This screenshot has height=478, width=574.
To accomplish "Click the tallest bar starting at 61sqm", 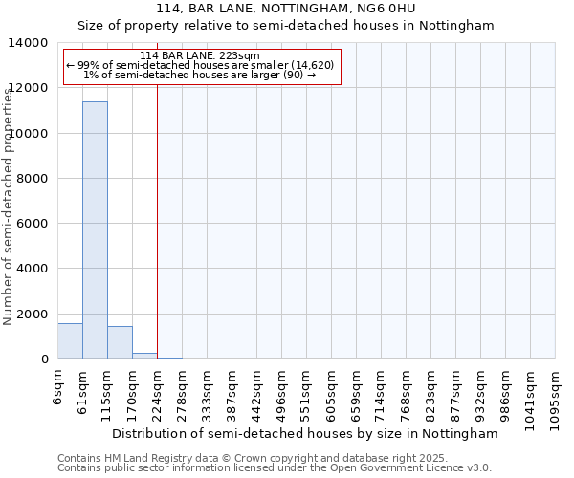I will point(95,229).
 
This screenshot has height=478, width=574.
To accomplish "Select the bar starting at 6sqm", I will point(70,341).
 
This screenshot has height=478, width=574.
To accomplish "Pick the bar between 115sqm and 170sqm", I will point(120,342).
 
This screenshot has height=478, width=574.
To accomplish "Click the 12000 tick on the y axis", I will point(32,88).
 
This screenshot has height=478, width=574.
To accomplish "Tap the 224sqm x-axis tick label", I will point(158,390).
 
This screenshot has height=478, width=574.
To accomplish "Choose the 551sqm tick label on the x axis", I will point(307,390).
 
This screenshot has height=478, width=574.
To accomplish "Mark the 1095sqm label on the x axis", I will point(556,394).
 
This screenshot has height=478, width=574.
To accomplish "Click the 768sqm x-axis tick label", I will point(407,390).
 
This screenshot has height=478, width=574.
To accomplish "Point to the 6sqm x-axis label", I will point(58,383).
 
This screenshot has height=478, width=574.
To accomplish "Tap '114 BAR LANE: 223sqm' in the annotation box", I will point(199,56).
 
